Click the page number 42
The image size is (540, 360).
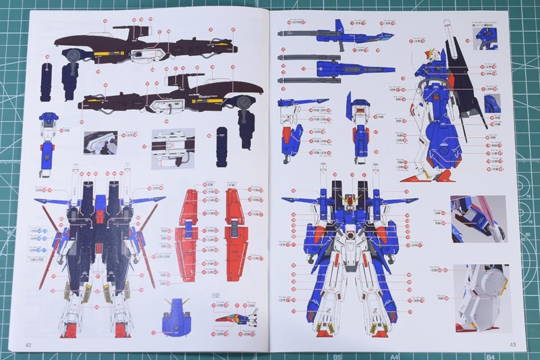pos(28,345)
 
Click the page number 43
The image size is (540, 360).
pos(512,345)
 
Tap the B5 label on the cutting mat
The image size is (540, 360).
pos(337,356)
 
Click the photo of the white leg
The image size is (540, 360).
pos(482,297)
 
